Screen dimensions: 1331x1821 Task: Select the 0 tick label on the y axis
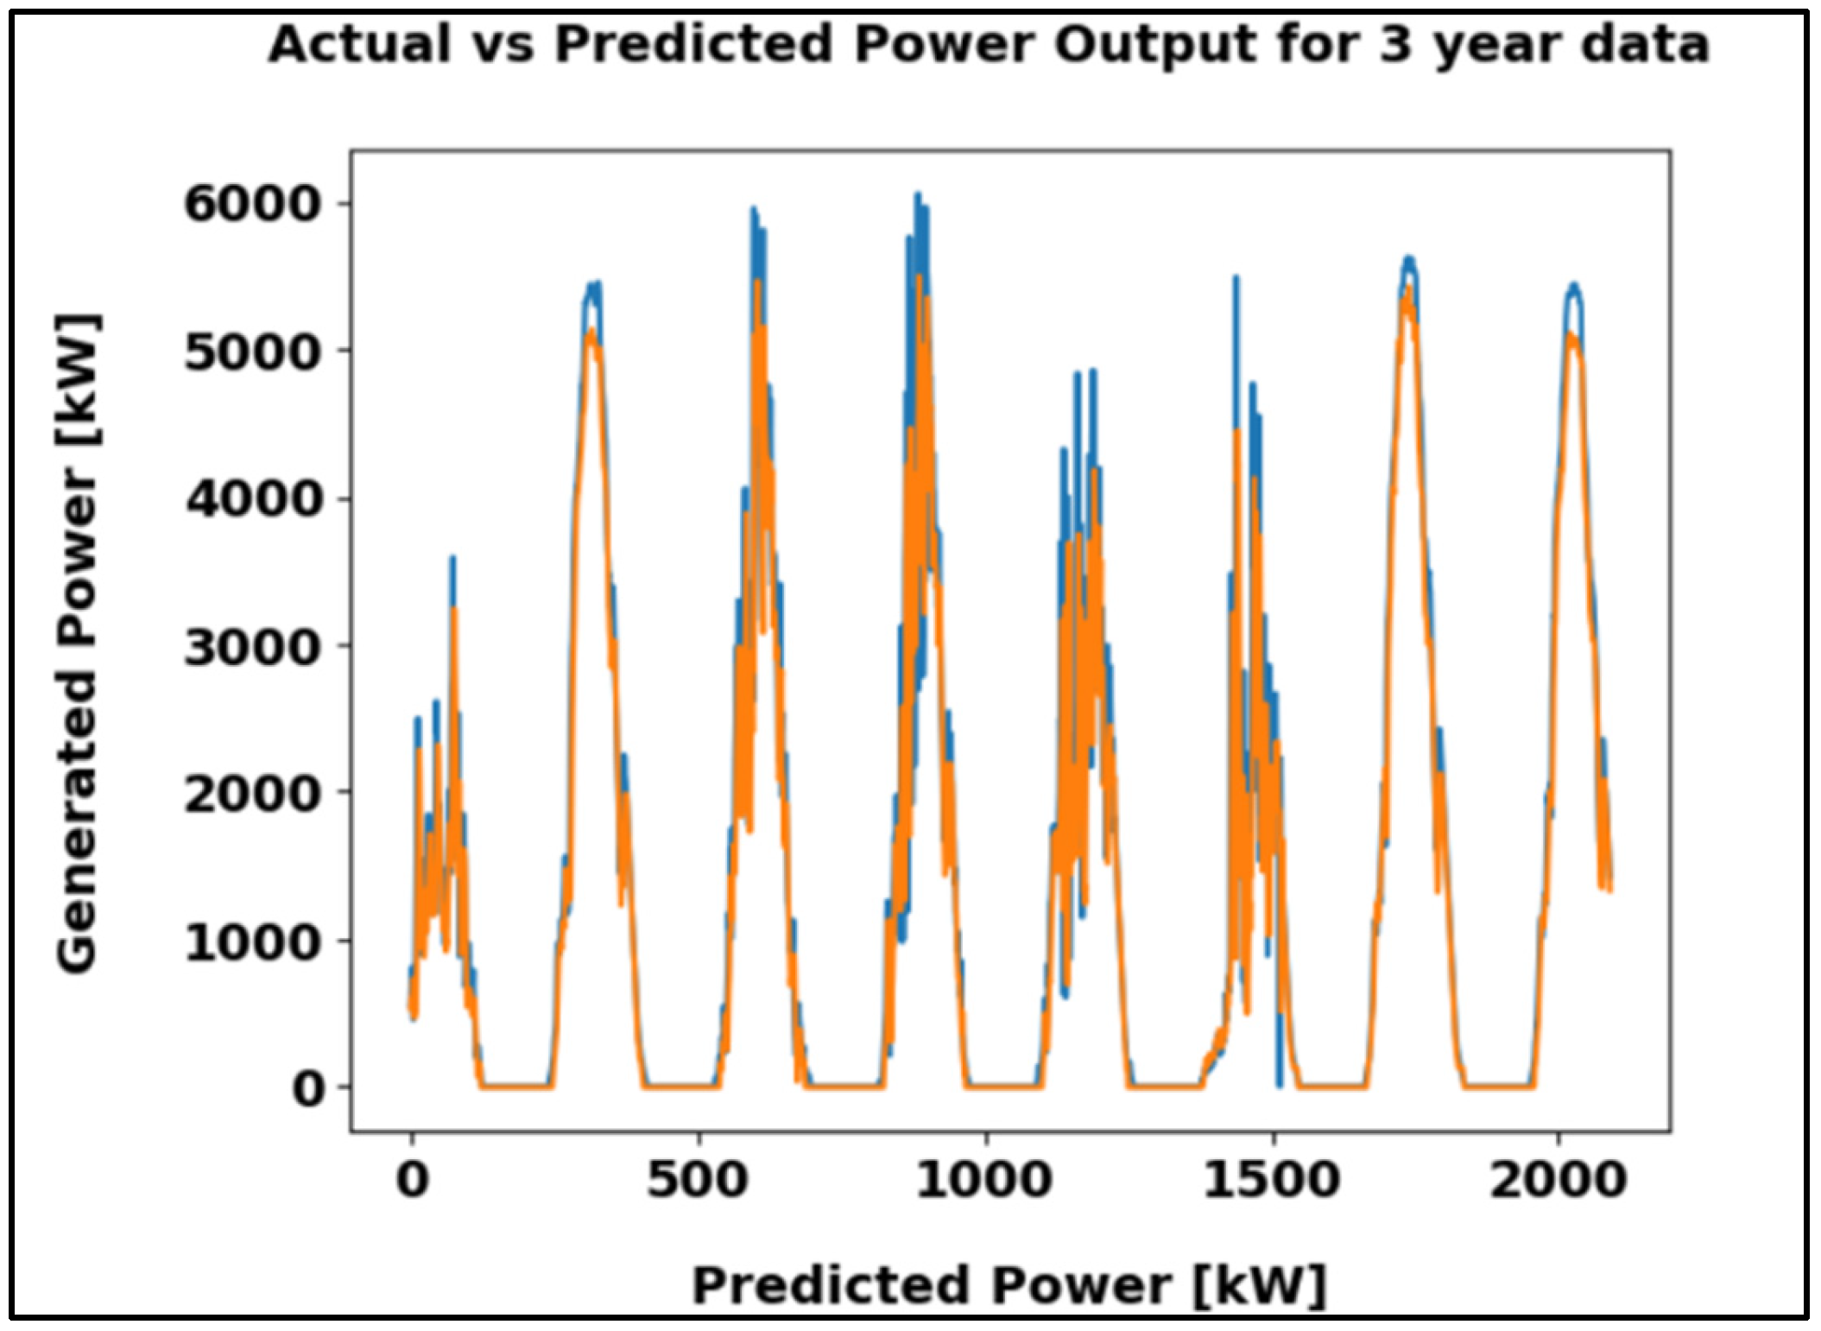(308, 1089)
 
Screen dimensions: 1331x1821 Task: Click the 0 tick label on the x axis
(413, 1179)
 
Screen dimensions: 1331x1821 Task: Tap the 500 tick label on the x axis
(698, 1179)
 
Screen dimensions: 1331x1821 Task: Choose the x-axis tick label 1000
(984, 1179)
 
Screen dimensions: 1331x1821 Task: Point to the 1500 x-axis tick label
(1272, 1179)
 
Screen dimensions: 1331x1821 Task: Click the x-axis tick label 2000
(1559, 1179)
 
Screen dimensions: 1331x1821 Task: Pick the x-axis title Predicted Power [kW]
(1009, 1285)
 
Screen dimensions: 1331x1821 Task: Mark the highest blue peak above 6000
(919, 197)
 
